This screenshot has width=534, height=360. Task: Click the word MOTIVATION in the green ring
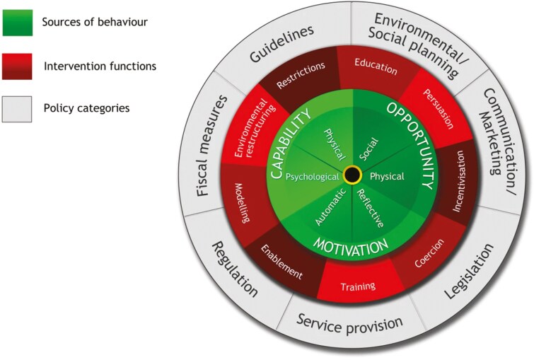(x=352, y=245)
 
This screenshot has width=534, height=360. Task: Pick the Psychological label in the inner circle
(x=312, y=178)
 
